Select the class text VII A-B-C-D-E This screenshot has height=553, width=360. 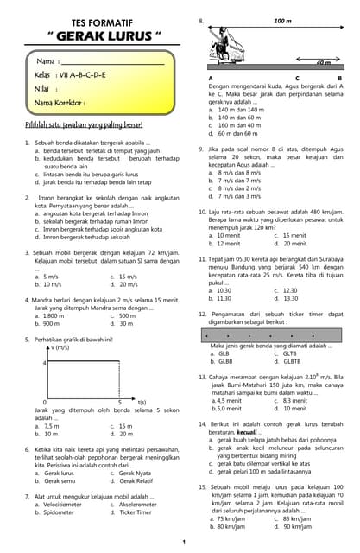[x=82, y=75]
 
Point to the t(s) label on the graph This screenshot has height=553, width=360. [x=142, y=403]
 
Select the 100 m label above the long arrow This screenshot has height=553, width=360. [x=282, y=19]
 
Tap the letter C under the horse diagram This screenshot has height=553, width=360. [x=298, y=79]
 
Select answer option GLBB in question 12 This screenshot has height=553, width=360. [x=227, y=361]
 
